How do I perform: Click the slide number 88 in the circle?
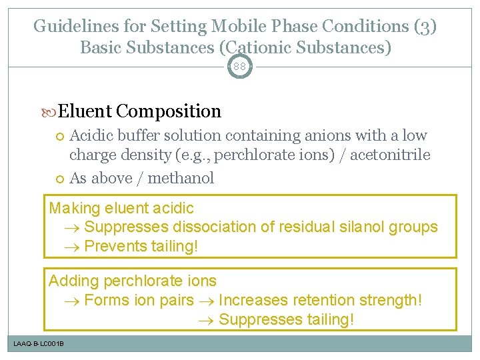coord(240,67)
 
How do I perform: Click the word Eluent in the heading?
coord(89,111)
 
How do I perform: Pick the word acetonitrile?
coord(395,155)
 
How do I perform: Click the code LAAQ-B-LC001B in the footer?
coord(39,343)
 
